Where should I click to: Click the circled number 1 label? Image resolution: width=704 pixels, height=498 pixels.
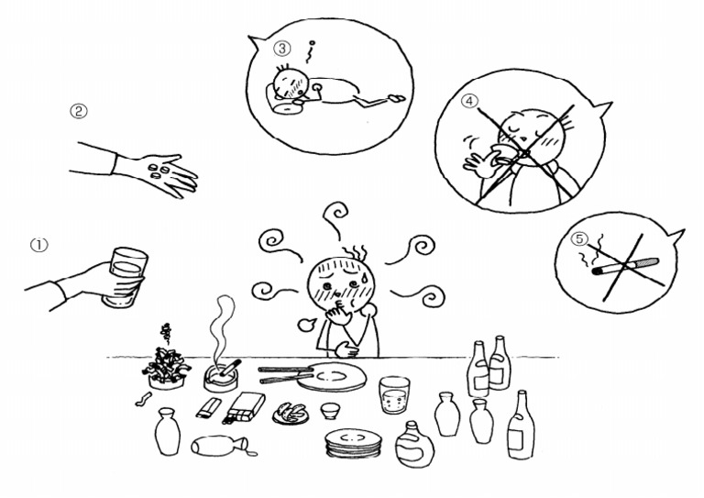pyautogui.click(x=39, y=245)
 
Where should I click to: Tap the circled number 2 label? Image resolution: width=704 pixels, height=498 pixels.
pyautogui.click(x=78, y=111)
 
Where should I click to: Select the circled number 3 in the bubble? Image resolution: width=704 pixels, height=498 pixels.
pyautogui.click(x=282, y=49)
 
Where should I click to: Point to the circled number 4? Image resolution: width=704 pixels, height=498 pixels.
pyautogui.click(x=470, y=102)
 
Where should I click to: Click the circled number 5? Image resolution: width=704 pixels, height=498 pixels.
pyautogui.click(x=579, y=238)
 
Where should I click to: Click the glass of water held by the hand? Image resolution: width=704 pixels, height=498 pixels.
pyautogui.click(x=124, y=278)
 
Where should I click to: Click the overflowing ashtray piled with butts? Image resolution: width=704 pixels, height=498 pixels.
pyautogui.click(x=166, y=368)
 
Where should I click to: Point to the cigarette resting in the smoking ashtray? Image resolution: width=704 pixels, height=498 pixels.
pyautogui.click(x=227, y=368)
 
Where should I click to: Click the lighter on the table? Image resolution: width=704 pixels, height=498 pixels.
pyautogui.click(x=208, y=409)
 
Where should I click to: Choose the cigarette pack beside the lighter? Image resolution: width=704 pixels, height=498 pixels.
pyautogui.click(x=244, y=408)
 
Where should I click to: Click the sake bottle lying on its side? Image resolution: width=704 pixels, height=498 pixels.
pyautogui.click(x=220, y=445)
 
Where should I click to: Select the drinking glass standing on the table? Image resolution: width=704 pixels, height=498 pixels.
pyautogui.click(x=394, y=394)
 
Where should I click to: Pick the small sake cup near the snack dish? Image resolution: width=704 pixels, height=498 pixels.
pyautogui.click(x=330, y=411)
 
